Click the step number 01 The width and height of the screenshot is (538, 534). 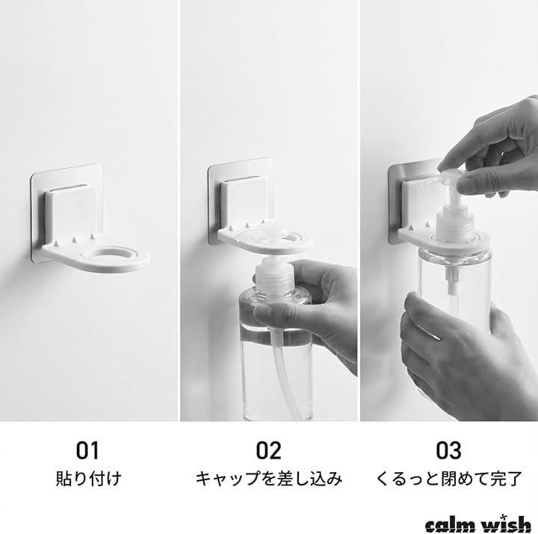[87, 450]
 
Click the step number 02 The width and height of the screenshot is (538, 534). [268, 450]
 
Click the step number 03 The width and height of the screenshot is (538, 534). [448, 450]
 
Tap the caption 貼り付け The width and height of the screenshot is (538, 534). [88, 479]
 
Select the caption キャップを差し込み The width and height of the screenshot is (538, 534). [269, 479]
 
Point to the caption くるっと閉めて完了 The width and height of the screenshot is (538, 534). [449, 479]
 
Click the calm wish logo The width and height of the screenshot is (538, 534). [478, 524]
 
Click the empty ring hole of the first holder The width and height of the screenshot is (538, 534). [114, 255]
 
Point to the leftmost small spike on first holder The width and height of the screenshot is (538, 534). [56, 243]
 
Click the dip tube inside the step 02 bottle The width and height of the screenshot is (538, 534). [282, 374]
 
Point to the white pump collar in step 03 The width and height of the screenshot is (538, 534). [455, 223]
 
